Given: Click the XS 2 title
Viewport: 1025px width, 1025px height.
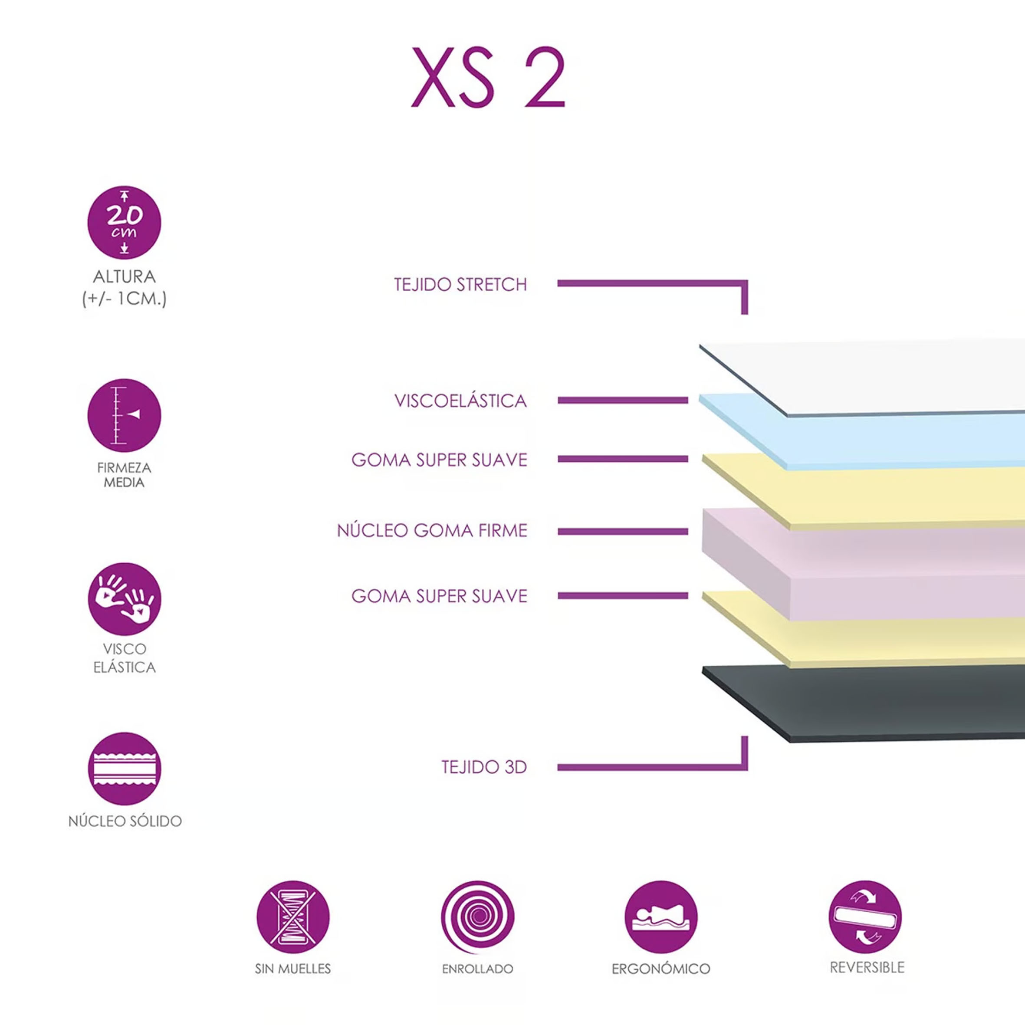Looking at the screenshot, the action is (488, 77).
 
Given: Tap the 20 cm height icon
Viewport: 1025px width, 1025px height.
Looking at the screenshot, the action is (124, 222).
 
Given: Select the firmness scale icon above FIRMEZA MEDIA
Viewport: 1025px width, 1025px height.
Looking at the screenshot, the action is (124, 415).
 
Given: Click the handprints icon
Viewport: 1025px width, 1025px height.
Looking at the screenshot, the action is (124, 599).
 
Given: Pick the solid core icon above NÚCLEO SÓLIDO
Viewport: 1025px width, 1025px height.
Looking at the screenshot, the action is (124, 769).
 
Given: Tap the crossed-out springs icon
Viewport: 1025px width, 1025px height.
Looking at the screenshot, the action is (293, 917).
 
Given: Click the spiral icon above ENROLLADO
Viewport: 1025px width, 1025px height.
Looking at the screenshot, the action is (477, 917).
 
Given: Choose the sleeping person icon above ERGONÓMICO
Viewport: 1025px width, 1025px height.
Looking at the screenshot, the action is (661, 917).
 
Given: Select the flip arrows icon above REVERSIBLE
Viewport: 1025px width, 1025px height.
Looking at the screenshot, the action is (865, 917).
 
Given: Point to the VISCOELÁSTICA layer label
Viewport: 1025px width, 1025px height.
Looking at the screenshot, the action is (460, 401).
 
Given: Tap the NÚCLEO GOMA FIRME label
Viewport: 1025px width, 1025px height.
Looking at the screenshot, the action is (432, 531).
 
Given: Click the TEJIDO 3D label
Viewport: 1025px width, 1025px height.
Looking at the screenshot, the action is (484, 767).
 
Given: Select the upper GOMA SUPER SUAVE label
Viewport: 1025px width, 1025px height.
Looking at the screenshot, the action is (439, 460).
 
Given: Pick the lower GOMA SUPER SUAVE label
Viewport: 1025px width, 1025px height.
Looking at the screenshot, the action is (439, 596).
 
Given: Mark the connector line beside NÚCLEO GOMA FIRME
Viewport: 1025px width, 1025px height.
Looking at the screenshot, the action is (623, 532).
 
